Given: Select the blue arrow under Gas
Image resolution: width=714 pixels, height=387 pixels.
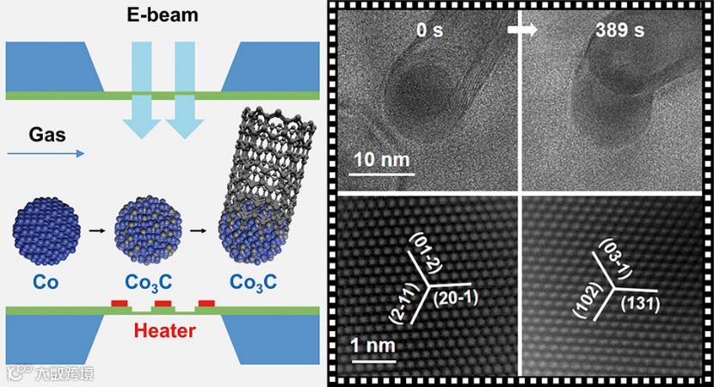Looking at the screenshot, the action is click(x=46, y=154).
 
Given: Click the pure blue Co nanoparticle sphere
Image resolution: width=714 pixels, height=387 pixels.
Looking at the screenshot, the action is click(x=46, y=229).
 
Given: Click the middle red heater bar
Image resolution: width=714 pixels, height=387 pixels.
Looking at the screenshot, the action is click(x=163, y=304).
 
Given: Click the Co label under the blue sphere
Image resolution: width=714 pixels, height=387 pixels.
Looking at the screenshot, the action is click(x=46, y=282).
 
